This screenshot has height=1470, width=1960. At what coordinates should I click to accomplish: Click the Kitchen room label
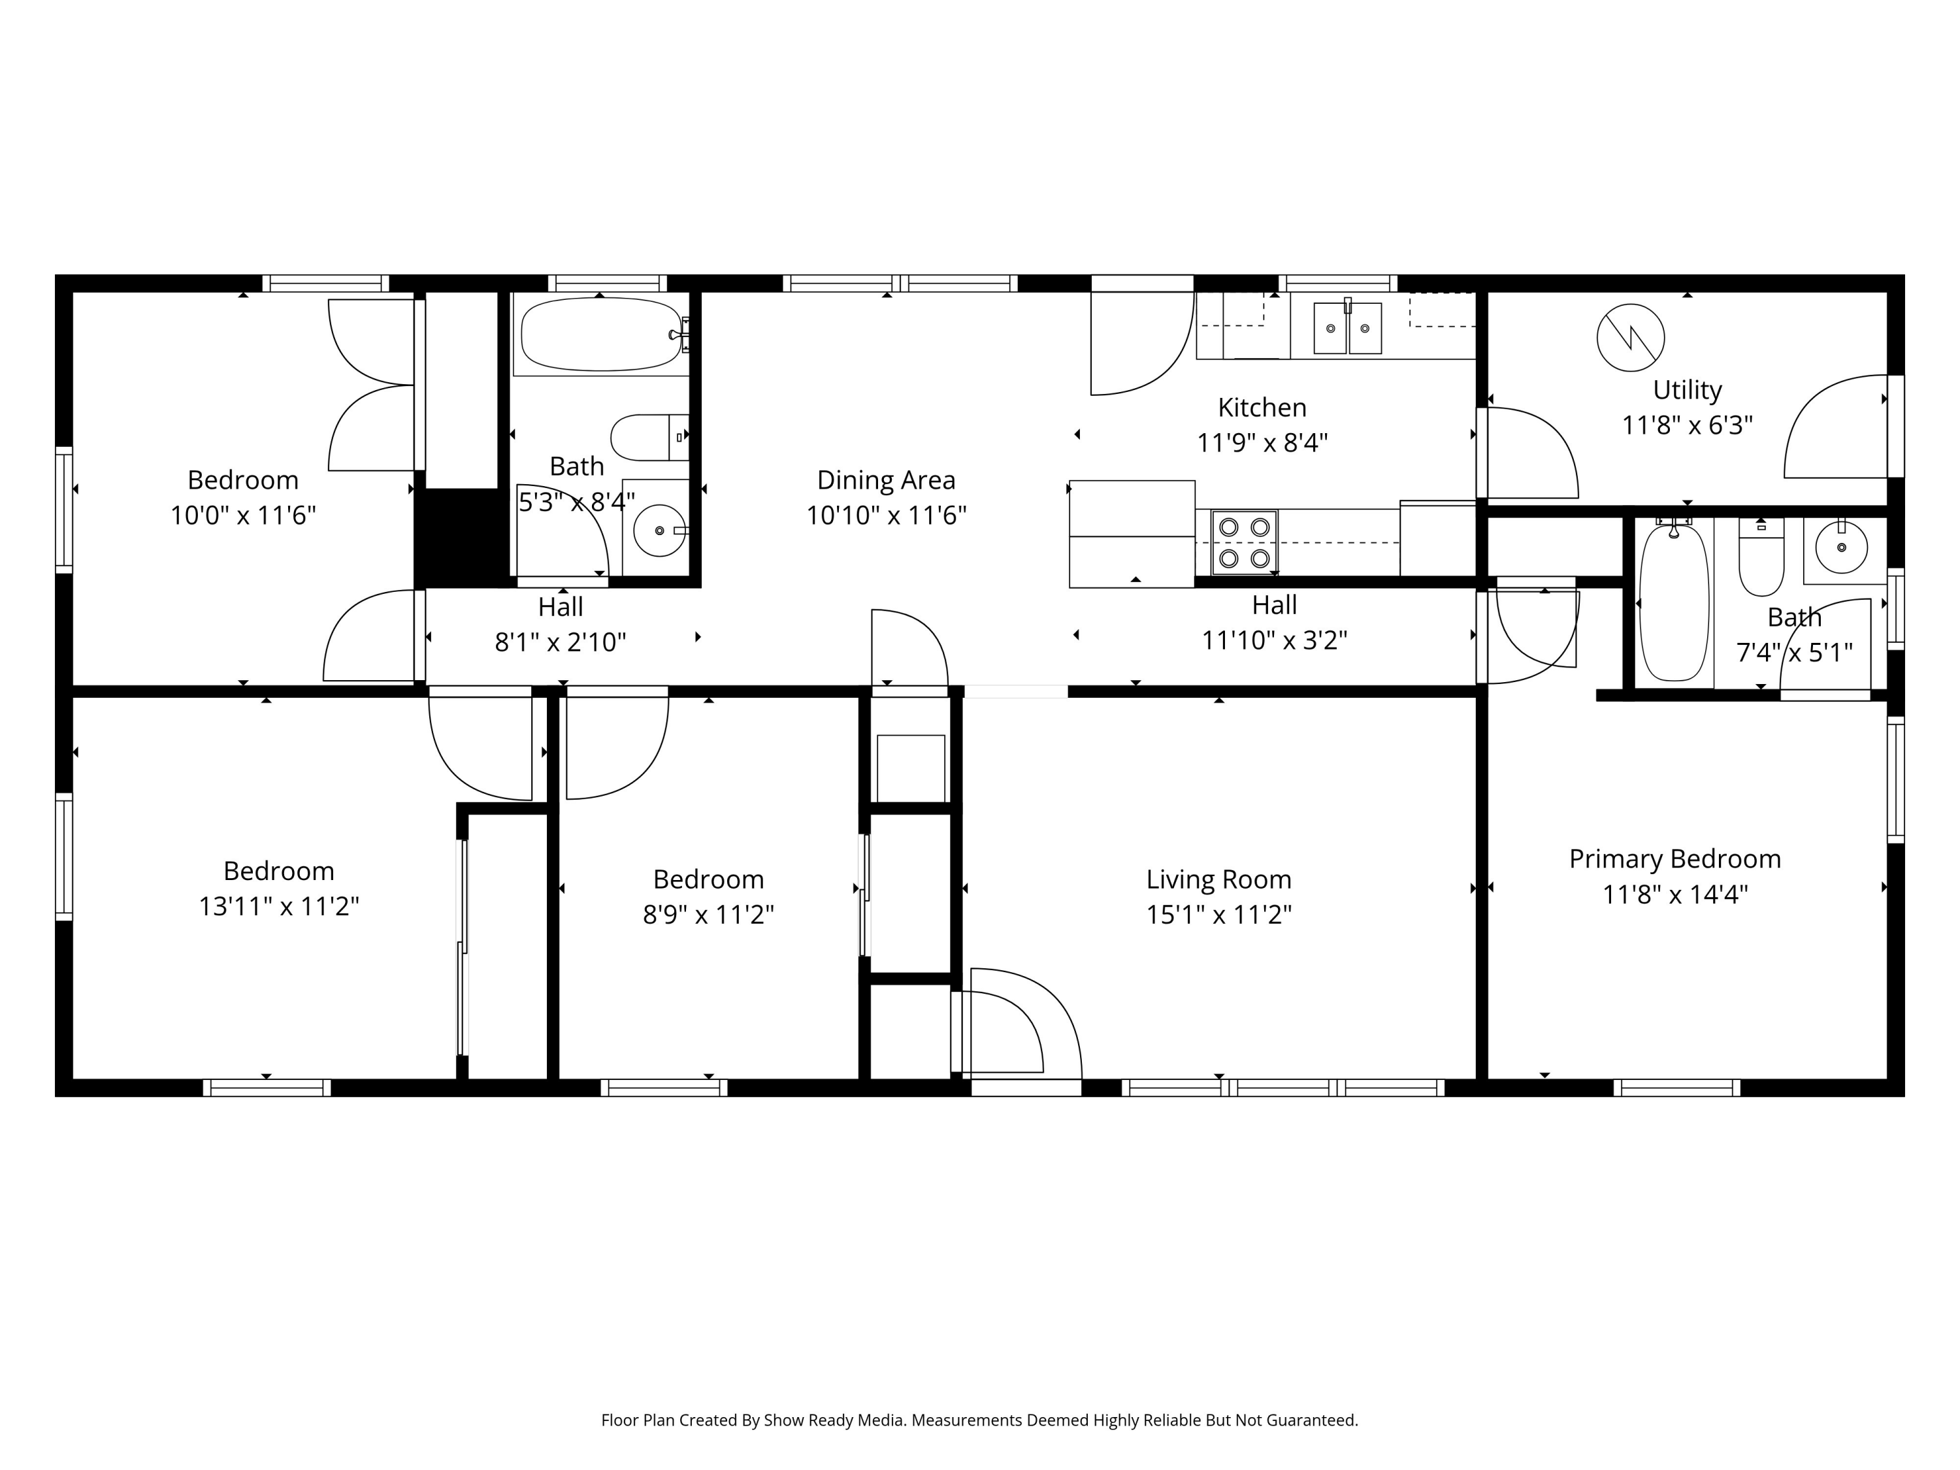(1262, 408)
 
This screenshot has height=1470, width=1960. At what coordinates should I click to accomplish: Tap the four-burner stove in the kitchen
(1244, 542)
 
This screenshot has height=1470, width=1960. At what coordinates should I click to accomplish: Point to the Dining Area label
(886, 480)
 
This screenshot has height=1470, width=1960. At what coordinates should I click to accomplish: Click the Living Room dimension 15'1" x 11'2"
(1218, 915)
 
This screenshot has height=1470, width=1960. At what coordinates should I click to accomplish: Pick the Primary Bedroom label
(1674, 858)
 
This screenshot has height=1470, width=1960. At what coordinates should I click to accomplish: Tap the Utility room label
(1687, 390)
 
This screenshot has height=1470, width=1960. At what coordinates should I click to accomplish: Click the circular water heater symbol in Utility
(1630, 338)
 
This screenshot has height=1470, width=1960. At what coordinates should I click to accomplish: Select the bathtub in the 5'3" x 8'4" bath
(602, 334)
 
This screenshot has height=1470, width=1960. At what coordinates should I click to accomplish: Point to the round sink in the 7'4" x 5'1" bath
(1841, 547)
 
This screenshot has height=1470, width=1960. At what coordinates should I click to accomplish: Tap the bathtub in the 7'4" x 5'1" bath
(1674, 602)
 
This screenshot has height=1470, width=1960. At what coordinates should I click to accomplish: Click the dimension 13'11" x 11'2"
(278, 906)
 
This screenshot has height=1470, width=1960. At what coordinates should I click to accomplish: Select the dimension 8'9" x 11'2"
(708, 915)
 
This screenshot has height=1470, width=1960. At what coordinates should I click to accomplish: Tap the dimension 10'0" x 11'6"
(243, 515)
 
